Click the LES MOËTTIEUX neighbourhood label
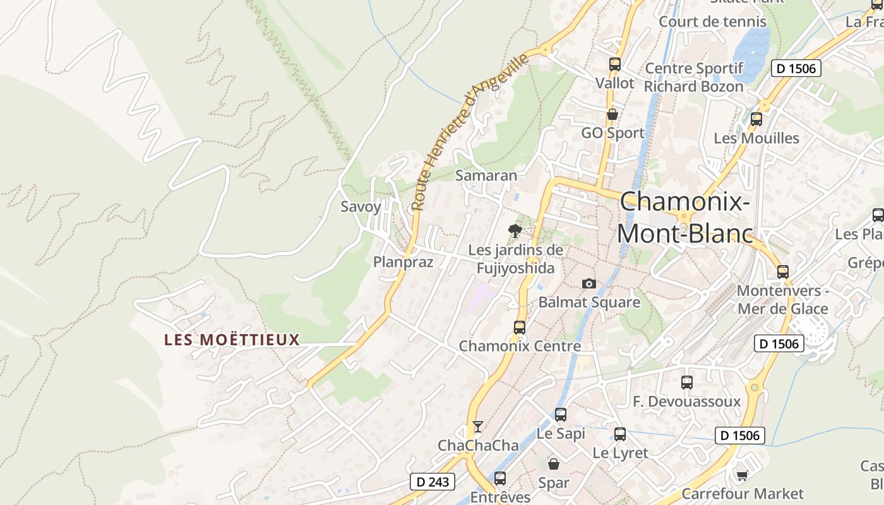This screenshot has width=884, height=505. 232,340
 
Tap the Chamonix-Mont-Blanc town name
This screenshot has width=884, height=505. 685,218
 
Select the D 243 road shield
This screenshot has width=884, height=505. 433,482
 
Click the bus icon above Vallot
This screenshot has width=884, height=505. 614,64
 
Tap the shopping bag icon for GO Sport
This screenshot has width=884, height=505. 612,114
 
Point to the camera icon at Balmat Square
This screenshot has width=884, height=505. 588,284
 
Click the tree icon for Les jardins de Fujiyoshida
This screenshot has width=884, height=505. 515,231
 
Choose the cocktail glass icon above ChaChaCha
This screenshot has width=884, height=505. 478,427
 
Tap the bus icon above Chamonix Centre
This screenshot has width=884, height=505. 520,327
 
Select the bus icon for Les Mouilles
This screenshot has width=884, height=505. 756,119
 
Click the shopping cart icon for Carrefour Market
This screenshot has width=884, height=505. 742,475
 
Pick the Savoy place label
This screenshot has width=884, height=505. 361,206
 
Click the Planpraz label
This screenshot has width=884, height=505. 403,261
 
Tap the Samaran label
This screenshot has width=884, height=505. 486,175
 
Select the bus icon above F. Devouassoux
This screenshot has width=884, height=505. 686,382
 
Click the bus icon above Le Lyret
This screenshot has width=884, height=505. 620,434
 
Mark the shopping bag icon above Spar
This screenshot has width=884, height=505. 554,464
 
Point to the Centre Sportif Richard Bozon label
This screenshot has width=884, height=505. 694,77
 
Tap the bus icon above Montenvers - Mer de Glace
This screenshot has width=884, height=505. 783,272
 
